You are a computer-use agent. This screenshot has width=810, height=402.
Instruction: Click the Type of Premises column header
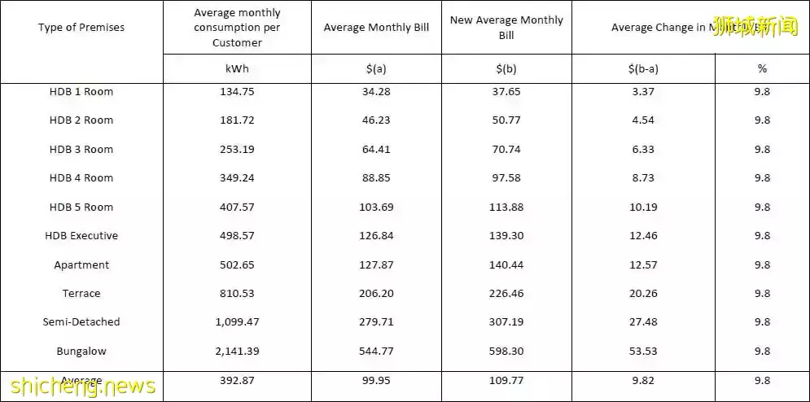pyautogui.click(x=81, y=28)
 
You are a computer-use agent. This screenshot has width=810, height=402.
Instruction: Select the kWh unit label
pyautogui.click(x=237, y=69)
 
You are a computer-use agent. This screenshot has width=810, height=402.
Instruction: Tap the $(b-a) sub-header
pyautogui.click(x=643, y=69)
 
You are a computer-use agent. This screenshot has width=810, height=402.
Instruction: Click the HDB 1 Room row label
pyautogui.click(x=81, y=92)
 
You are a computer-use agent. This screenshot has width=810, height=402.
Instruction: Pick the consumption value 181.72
pyautogui.click(x=237, y=120)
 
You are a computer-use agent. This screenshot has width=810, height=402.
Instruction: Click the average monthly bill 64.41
pyautogui.click(x=376, y=150)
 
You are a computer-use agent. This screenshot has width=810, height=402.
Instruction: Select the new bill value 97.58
pyautogui.click(x=506, y=178)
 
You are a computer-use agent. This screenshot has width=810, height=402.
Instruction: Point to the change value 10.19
pyautogui.click(x=643, y=208)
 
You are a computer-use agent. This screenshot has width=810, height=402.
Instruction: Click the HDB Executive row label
pyautogui.click(x=81, y=236)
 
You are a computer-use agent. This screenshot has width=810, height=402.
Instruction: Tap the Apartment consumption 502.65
pyautogui.click(x=237, y=265)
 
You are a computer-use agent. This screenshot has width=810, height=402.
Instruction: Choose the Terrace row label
pyautogui.click(x=81, y=294)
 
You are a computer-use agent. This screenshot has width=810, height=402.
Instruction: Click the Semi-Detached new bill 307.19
pyautogui.click(x=506, y=322)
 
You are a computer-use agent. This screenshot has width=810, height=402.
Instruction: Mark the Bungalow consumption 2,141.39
pyautogui.click(x=237, y=352)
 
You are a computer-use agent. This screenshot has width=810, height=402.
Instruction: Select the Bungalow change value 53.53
pyautogui.click(x=643, y=352)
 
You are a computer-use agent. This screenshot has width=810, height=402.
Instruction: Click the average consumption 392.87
pyautogui.click(x=237, y=380)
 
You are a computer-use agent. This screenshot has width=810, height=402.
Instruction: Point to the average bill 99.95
pyautogui.click(x=376, y=380)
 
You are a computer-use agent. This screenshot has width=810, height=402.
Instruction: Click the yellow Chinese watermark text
pyautogui.click(x=755, y=26)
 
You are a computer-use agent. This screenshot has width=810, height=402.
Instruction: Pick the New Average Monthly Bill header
pyautogui.click(x=506, y=28)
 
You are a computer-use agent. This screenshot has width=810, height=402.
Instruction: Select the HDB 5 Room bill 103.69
pyautogui.click(x=376, y=208)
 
